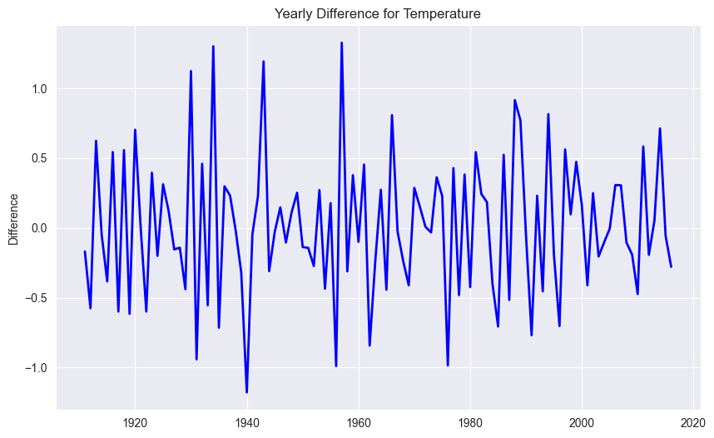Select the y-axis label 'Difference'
click(13, 219)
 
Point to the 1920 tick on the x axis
click(135, 421)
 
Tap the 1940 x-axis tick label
click(247, 421)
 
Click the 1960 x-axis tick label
click(359, 421)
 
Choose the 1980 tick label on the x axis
click(470, 421)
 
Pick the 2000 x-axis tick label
click(582, 421)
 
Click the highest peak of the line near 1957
click(341, 42)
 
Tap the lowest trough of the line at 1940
click(247, 392)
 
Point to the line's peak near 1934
click(213, 47)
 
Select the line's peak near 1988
click(515, 100)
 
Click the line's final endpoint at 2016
click(671, 266)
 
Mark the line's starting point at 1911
click(85, 251)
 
